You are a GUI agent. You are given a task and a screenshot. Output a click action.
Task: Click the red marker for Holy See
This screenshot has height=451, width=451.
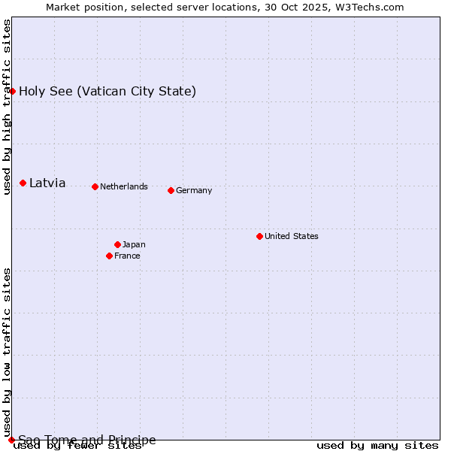12,91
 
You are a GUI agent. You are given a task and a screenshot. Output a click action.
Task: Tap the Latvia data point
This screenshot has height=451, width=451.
23,183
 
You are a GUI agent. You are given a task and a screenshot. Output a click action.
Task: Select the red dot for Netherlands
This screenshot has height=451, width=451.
95,186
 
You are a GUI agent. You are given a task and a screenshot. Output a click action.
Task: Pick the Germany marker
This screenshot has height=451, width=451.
171,190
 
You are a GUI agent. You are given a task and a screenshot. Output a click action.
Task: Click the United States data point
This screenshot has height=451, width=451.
259,236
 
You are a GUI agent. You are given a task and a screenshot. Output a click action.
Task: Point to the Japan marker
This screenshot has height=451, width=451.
117,244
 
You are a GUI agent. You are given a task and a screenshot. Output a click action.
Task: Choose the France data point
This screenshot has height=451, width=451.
110,256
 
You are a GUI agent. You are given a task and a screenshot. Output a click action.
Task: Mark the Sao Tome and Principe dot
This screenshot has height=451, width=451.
11,440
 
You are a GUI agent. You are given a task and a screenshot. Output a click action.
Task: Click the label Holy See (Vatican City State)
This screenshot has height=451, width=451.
107,92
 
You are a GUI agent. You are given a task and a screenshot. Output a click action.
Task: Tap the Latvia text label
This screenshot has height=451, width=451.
47,183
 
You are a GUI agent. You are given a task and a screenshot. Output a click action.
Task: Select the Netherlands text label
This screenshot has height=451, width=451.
124,186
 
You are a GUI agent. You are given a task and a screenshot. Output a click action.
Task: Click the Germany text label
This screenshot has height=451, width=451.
194,190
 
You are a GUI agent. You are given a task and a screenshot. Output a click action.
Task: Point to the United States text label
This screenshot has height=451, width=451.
292,236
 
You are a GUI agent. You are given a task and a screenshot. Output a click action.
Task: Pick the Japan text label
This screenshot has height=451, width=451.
134,244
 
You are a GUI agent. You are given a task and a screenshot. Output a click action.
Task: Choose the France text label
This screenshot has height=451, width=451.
127,256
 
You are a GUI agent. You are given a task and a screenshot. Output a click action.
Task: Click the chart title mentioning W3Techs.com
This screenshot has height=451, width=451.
225,7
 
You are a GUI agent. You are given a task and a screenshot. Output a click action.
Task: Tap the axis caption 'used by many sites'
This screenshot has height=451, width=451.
377,446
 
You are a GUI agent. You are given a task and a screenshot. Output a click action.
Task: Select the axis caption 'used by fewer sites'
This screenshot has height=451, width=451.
77,446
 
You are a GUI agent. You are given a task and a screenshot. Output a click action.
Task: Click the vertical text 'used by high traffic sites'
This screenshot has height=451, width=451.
7,107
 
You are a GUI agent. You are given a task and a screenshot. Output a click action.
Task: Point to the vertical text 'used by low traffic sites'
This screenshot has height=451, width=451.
7,352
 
